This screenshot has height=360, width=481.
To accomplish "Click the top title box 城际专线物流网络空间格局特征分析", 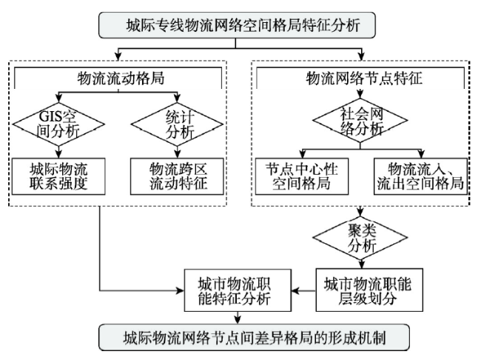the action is click(237, 25).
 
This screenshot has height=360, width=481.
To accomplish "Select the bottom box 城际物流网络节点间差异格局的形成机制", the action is click(254, 338).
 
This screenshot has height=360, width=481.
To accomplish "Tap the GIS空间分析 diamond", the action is click(58, 124).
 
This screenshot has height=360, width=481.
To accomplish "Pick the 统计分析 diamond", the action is click(177, 124).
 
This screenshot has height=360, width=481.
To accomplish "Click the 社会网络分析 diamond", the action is click(360, 121).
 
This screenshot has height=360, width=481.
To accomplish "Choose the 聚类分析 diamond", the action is click(360, 238).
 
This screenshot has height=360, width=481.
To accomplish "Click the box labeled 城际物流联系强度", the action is click(58, 176).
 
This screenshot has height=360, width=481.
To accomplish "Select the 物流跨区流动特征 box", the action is click(177, 176).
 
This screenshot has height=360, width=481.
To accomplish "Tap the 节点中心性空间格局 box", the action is click(302, 176).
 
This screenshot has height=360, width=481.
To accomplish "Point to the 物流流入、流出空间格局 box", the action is click(420, 176).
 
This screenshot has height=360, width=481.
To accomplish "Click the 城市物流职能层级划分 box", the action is click(369, 290).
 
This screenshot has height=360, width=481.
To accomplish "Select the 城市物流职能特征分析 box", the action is click(238, 290).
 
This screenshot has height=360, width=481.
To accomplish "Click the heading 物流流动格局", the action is click(121, 78).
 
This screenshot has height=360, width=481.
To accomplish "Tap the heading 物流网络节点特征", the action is click(364, 78).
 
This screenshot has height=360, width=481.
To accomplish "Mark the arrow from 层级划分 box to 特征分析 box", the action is click(303, 290).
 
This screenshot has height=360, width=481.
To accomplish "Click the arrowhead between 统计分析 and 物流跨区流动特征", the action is click(177, 154).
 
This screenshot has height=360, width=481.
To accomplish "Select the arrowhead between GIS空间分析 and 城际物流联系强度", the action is click(58, 154).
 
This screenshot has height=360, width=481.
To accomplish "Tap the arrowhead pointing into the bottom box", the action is click(238, 320).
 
